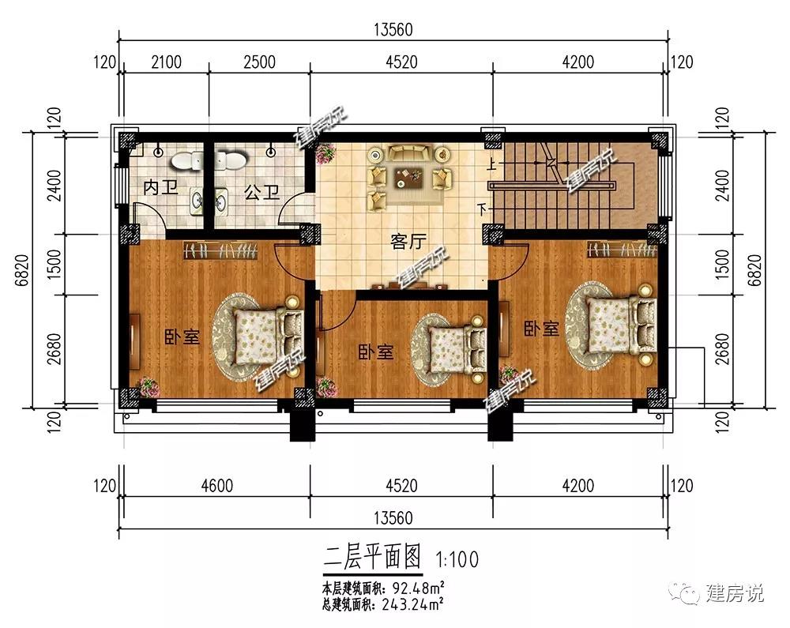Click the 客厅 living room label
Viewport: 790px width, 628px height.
tap(408, 242)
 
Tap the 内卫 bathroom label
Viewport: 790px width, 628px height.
tap(160, 187)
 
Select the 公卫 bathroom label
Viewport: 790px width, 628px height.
tap(261, 192)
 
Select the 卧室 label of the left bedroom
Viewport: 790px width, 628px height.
tap(182, 337)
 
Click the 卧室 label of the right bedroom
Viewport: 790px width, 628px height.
tap(541, 329)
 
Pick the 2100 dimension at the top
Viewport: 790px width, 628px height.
tap(166, 62)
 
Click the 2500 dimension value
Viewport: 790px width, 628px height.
tap(259, 62)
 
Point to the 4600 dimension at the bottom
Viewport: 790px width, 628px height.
tap(217, 486)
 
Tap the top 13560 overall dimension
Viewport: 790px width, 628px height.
tap(393, 29)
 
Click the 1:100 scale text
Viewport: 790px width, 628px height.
tap(457, 559)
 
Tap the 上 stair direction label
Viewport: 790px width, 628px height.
tap(491, 164)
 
